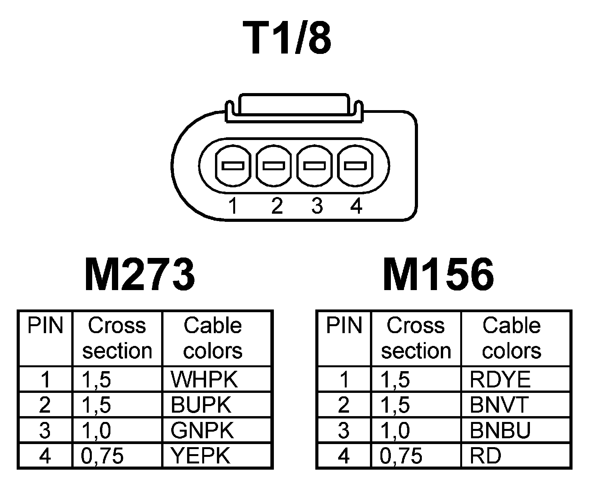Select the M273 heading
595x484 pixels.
(139, 275)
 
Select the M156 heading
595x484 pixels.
(438, 275)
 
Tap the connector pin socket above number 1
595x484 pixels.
(232, 166)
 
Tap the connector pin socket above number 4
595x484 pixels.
(356, 166)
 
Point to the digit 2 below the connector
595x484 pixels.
(277, 206)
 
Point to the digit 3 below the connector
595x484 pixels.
(317, 206)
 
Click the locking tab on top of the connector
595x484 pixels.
(294, 105)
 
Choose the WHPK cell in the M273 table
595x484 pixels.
(204, 380)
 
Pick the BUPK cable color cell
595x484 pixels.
(201, 405)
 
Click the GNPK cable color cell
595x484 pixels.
(202, 430)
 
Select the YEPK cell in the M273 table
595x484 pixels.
(201, 455)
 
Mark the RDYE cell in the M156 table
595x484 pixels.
(500, 380)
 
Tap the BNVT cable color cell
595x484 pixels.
(499, 405)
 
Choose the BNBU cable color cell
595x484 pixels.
(500, 430)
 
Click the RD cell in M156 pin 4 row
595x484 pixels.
(485, 455)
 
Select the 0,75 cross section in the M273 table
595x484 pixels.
(102, 456)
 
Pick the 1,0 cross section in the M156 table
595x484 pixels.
(395, 430)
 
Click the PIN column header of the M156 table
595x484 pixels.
(344, 326)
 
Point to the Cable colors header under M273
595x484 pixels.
(213, 338)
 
